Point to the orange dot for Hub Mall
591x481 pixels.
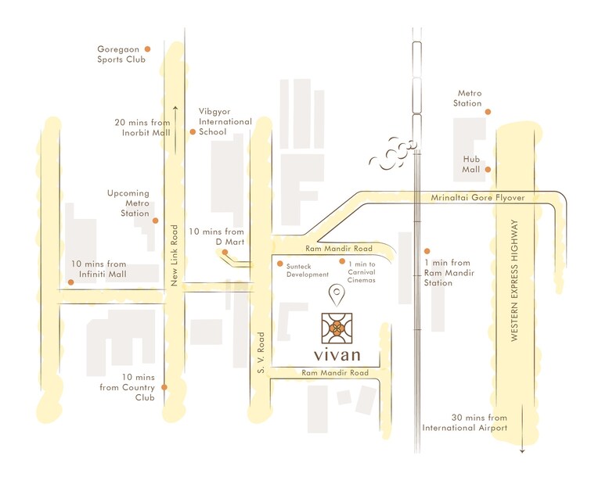pos(488,169)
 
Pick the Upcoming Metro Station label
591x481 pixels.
pos(129,203)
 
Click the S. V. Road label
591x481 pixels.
pos(262,351)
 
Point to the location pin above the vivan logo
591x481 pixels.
pos(337,296)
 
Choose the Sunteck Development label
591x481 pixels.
pos(307,270)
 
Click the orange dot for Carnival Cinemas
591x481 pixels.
pos(342,261)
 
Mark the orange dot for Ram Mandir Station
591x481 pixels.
pos(427,251)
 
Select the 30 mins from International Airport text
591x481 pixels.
pos(465,422)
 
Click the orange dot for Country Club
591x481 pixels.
pos(164,387)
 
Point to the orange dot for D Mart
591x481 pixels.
pos(225,252)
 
